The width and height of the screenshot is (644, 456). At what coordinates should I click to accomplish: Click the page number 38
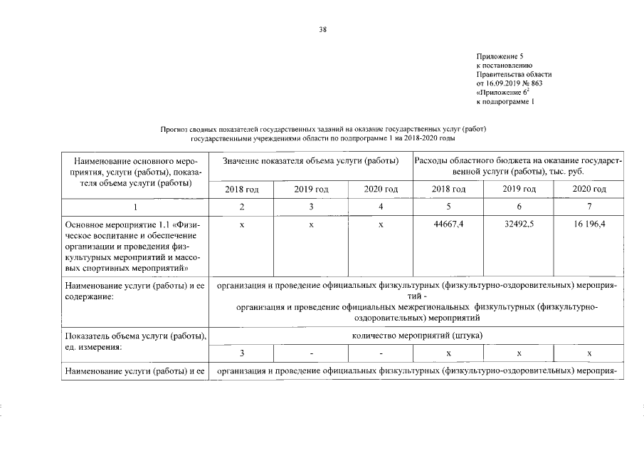click(322, 28)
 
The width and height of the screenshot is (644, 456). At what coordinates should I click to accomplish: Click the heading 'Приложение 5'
click(501, 56)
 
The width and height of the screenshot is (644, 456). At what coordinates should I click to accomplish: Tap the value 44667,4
click(448, 224)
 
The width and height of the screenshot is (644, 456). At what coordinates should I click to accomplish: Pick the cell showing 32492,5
click(518, 224)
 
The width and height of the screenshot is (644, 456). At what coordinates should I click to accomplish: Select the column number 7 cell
click(588, 207)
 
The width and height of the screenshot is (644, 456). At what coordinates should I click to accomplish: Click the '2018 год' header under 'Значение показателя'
click(242, 189)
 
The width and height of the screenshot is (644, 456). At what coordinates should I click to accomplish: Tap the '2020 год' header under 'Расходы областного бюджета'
click(588, 189)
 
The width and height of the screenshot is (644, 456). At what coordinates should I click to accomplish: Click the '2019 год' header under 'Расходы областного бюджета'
click(518, 189)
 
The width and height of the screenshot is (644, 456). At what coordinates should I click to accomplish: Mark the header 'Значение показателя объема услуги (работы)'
click(310, 162)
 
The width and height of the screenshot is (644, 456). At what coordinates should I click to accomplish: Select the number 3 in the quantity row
click(242, 353)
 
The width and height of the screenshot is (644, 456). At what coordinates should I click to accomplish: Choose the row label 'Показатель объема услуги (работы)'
click(134, 336)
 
